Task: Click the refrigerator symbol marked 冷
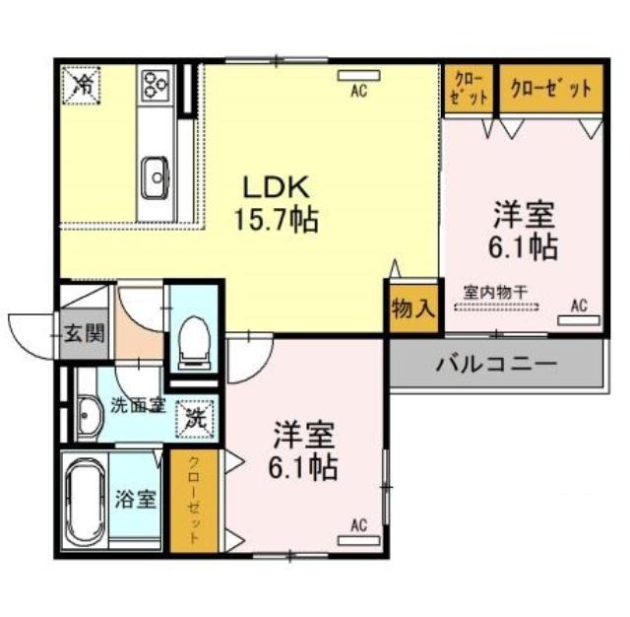[81, 86]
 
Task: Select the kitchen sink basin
[156, 177]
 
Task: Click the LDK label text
[276, 187]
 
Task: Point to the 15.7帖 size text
[277, 220]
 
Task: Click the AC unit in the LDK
[359, 76]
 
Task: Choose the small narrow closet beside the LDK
[469, 89]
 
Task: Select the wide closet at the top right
[551, 89]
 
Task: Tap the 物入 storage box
[413, 308]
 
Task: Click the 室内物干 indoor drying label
[495, 292]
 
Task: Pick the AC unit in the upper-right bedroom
[580, 320]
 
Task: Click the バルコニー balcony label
[497, 365]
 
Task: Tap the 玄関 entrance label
[84, 333]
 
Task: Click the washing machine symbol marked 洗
[196, 419]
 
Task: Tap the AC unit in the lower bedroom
[358, 540]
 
